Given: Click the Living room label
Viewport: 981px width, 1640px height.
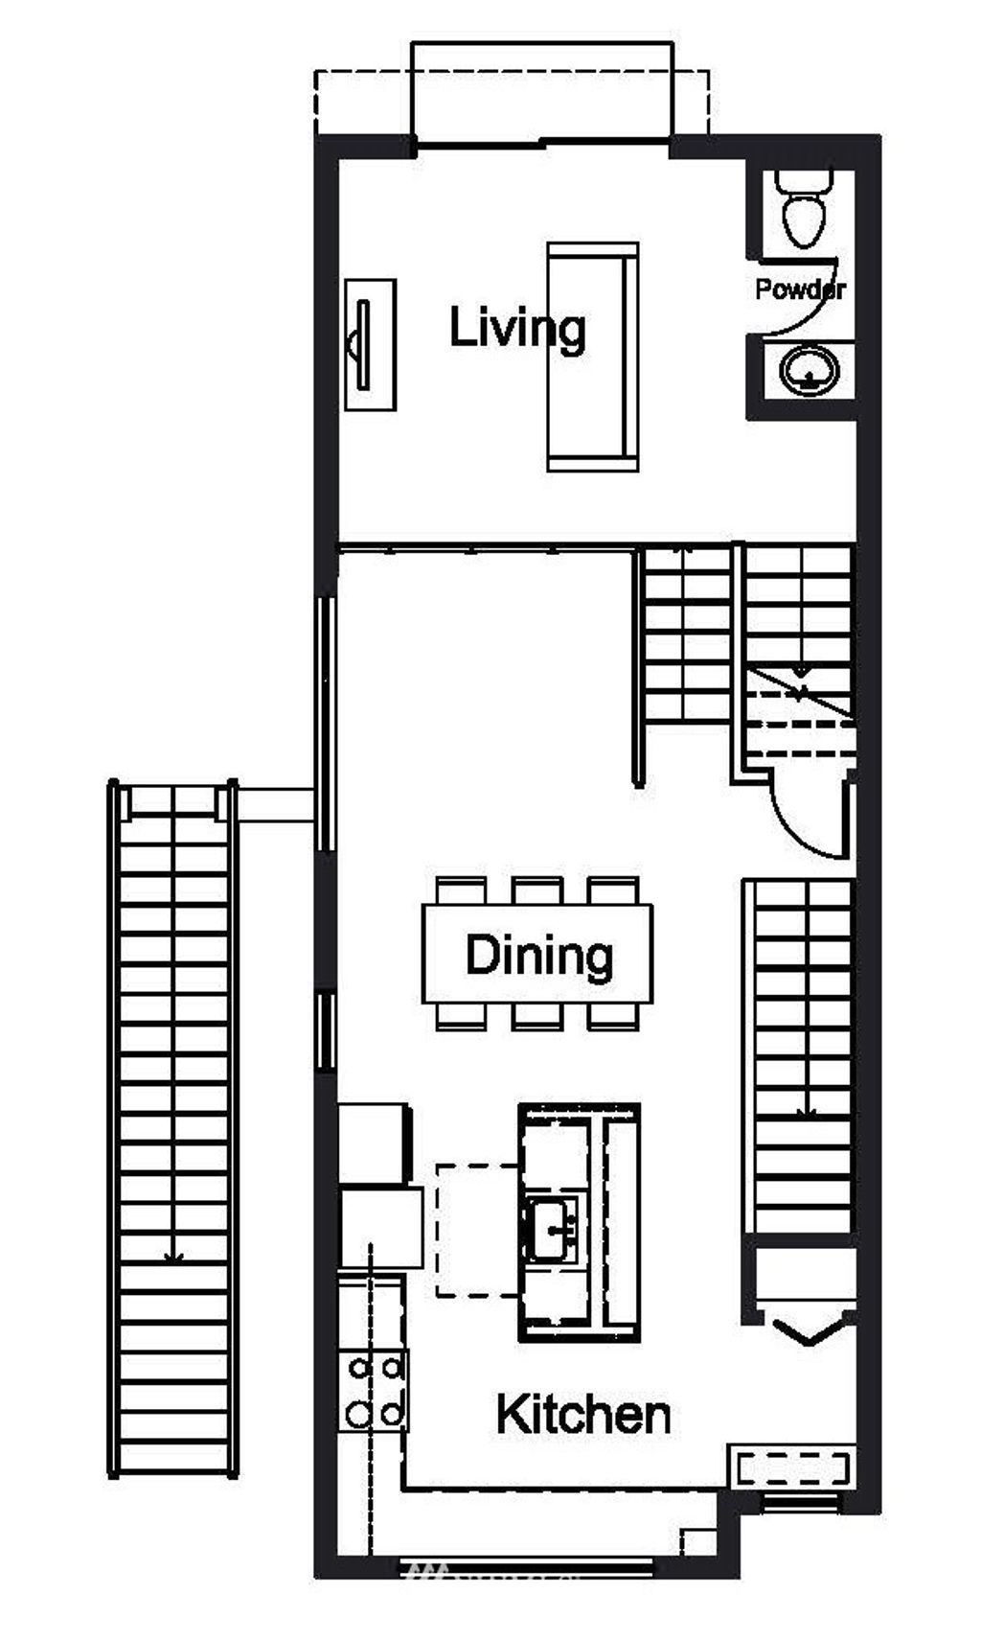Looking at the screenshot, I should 517,329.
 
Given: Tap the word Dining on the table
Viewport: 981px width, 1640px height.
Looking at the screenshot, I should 538,956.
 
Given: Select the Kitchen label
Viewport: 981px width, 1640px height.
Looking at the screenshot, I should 582,1415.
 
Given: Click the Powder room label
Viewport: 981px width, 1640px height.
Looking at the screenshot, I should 799,289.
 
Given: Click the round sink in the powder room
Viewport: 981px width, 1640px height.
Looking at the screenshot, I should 809,370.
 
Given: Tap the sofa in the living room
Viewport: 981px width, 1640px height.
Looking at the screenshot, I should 591,357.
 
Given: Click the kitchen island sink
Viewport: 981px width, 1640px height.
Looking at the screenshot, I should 552,1228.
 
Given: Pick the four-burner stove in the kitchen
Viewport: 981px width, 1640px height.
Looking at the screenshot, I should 375,1391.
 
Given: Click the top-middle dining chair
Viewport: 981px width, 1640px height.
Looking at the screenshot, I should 536,890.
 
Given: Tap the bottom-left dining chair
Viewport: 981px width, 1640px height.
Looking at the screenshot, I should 460,1017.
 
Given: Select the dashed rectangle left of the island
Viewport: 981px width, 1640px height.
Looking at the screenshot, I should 477,1231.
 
